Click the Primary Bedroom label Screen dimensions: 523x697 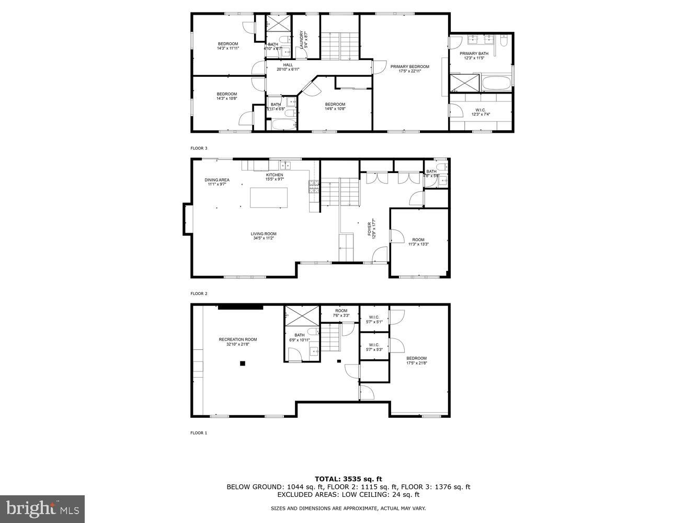point(409,69)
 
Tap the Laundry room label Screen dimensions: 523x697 point(302,40)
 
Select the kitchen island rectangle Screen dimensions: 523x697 point(269,198)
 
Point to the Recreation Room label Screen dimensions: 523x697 point(237,342)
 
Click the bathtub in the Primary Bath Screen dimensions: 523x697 point(496,83)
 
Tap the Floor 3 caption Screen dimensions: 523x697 point(199,148)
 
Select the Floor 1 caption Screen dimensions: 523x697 point(199,433)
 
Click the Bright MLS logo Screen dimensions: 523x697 point(42,508)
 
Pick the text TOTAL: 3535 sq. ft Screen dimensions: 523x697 point(348,479)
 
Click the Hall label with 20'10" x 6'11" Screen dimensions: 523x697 point(288,67)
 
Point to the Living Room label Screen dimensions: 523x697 point(264,236)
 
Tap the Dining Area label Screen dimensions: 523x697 point(216,181)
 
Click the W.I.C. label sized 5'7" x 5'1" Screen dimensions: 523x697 point(374,319)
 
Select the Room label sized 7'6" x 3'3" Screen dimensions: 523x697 point(341,313)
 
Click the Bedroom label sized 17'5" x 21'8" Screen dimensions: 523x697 point(416,360)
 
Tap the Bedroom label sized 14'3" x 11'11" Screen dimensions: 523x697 point(227,46)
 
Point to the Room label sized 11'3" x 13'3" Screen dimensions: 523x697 point(418,242)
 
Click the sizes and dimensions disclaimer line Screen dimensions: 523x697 point(348,508)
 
